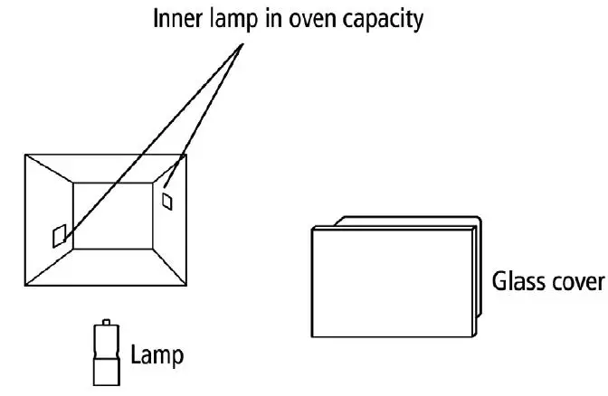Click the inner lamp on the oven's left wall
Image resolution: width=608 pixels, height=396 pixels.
(58, 235)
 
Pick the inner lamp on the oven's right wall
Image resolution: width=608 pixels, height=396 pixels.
(166, 200)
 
